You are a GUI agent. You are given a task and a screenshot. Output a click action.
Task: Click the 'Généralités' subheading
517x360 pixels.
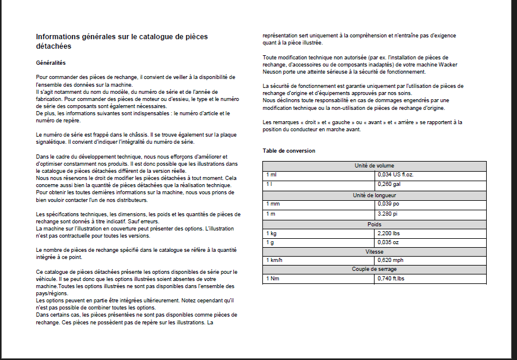(50, 62)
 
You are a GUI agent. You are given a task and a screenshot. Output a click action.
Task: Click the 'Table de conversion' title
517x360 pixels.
(289, 151)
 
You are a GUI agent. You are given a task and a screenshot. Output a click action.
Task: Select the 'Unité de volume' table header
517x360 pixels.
(374, 166)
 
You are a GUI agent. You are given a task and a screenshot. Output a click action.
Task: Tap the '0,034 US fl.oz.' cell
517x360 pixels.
(396, 175)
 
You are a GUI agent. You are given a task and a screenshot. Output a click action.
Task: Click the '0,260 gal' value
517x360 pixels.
(389, 184)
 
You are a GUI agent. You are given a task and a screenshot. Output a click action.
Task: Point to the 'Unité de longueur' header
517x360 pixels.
(374, 195)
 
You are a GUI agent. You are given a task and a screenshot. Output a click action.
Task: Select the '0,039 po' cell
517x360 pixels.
(388, 204)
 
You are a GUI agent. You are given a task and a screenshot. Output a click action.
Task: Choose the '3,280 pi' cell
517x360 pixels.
(388, 213)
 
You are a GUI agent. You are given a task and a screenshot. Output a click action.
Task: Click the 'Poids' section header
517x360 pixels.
(374, 224)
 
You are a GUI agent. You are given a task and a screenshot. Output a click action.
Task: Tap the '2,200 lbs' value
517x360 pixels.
(389, 233)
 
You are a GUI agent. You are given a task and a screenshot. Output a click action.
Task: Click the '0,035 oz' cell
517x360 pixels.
(389, 242)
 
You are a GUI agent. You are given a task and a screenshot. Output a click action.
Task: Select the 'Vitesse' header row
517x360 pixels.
(374, 252)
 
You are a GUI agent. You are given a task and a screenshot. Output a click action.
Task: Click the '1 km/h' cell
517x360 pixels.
(274, 260)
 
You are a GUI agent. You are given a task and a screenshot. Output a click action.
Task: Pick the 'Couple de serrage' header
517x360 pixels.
(374, 269)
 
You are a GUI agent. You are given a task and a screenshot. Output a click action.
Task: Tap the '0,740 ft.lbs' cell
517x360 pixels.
(392, 279)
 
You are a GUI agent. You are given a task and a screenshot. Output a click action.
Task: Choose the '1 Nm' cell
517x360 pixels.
(272, 279)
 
